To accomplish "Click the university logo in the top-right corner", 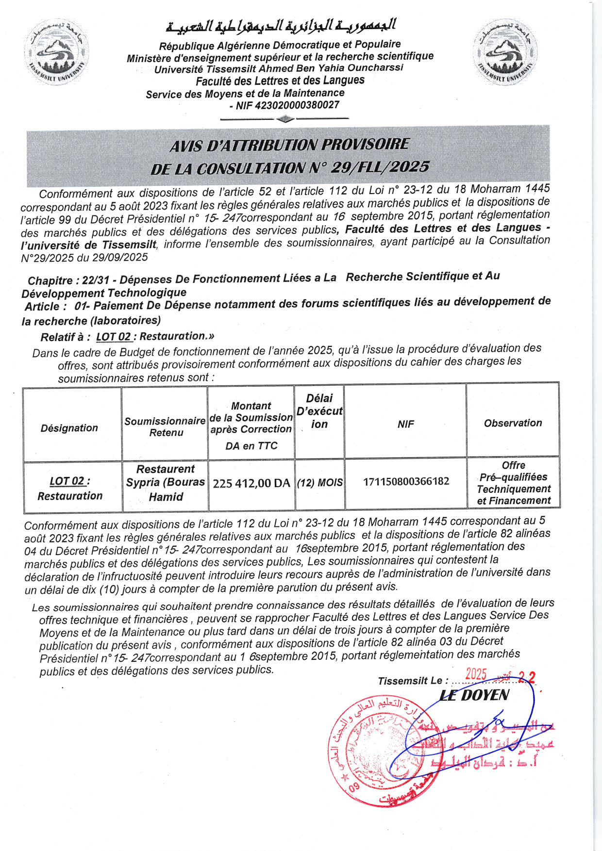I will (x=505, y=51).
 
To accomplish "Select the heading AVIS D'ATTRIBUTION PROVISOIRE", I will (x=289, y=145).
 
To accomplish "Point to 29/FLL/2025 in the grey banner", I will (x=380, y=167).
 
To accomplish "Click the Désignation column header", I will (x=69, y=428).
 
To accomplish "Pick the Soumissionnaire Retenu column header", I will (x=165, y=426).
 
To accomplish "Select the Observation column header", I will (x=513, y=423).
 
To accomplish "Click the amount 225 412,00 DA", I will (x=251, y=483).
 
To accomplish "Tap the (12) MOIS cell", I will (x=319, y=483).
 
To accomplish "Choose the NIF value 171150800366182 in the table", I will (x=406, y=481).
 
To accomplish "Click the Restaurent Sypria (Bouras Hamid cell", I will (x=166, y=483).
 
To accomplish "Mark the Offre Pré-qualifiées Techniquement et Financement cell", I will (x=514, y=483).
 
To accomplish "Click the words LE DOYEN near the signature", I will (x=474, y=695).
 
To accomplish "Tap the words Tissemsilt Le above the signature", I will (x=410, y=681).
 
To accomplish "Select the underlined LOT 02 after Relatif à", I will (x=114, y=337).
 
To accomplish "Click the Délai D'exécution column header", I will (x=319, y=411).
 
